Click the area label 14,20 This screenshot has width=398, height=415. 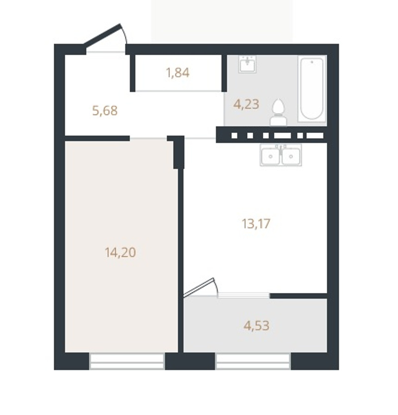point(120,252)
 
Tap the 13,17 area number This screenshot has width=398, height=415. point(256,224)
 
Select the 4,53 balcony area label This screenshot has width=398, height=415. point(256,325)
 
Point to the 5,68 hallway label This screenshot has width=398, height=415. point(105,111)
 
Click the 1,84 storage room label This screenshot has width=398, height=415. point(178,73)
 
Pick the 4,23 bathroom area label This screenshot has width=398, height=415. point(246,104)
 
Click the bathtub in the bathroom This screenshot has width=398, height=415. point(312,89)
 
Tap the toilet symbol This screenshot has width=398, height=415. point(279,113)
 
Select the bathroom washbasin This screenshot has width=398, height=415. point(247,64)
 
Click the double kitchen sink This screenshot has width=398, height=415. point(281,155)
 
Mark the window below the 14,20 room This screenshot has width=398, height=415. point(127,361)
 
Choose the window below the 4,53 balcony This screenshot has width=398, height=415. point(253,361)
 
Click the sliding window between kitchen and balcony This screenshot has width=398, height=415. point(243,295)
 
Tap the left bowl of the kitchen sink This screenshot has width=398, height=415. point(270,156)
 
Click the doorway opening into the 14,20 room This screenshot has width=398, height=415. point(148,138)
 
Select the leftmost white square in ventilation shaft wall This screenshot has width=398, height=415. point(234,136)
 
